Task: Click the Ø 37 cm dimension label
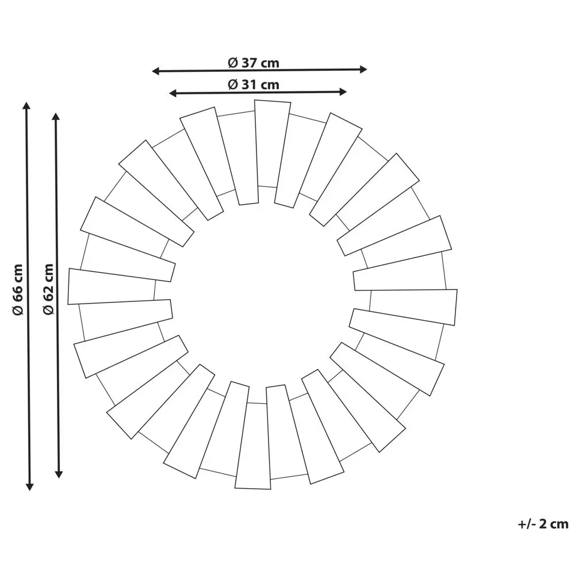pos(254,63)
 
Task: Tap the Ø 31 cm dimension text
pos(254,85)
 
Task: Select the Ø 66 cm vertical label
pos(18,289)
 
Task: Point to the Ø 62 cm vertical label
pos(48,289)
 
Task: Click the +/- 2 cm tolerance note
pos(543,524)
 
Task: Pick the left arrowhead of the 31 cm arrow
pos(173,94)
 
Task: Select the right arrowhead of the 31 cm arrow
pos(343,91)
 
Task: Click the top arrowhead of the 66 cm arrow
pos(26,106)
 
